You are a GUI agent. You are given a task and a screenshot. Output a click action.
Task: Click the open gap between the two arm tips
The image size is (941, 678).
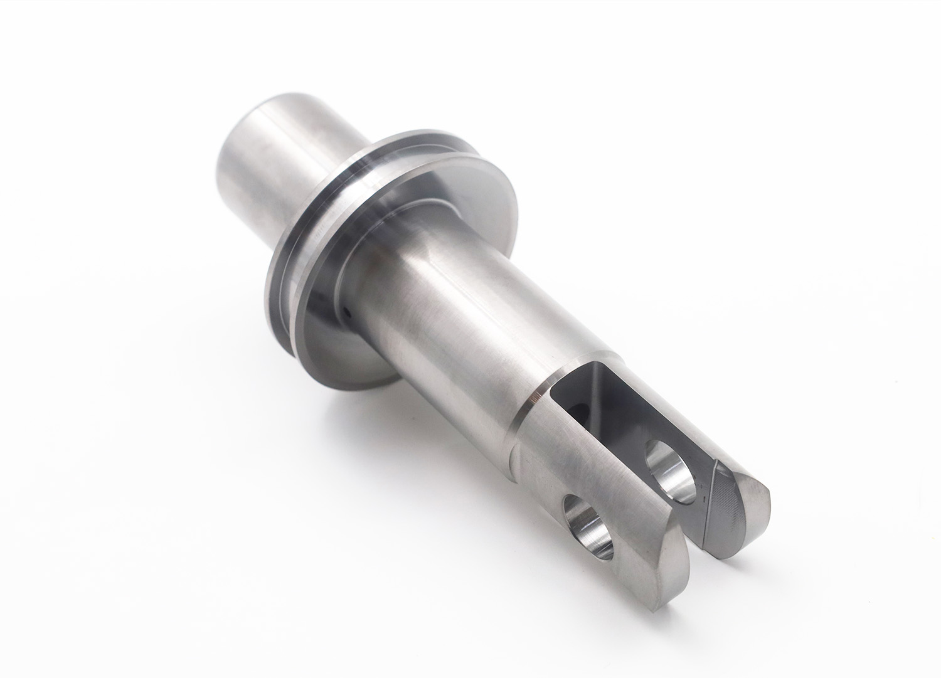(x=696, y=533)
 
